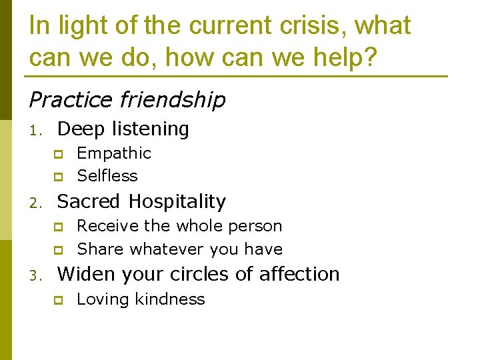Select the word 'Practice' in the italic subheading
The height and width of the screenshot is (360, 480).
(x=71, y=100)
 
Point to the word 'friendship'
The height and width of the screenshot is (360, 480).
(x=173, y=100)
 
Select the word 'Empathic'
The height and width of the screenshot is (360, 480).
(x=114, y=153)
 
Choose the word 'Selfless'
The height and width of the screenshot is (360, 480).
(x=107, y=176)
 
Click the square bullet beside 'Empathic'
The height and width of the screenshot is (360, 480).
(x=58, y=155)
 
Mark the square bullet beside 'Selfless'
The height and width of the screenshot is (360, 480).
(x=58, y=177)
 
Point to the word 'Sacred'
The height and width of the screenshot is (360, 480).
(x=89, y=201)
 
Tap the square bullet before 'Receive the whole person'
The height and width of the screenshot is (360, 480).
(x=58, y=227)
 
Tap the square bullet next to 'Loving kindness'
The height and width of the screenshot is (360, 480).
(x=58, y=300)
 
